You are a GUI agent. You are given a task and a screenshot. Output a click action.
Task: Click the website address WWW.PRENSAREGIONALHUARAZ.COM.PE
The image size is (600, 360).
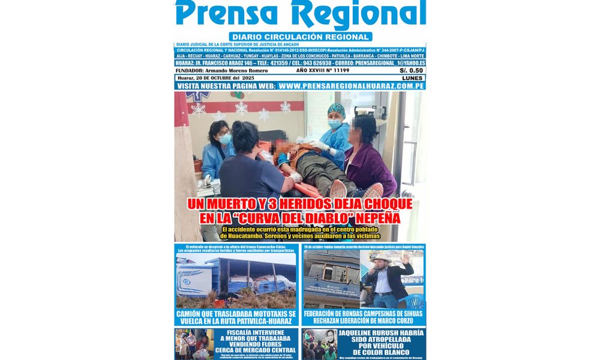coord(352,86)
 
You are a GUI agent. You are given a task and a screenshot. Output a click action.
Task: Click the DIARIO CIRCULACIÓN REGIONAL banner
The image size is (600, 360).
coord(300,37)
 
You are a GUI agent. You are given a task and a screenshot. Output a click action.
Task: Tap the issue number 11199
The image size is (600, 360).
coord(341,71)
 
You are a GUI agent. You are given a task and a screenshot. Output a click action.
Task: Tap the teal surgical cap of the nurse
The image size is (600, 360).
coord(336,109)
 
